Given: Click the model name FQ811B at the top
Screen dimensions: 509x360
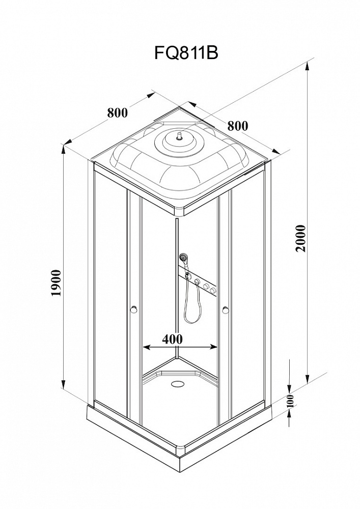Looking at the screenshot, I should click(186, 53).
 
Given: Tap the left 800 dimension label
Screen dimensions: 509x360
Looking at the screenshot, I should click(117, 112).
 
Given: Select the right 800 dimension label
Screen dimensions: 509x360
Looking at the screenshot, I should click(237, 125).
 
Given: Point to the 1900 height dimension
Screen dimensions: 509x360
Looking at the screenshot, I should click(56, 283).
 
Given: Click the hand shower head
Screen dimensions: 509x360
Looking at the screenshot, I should click(183, 259).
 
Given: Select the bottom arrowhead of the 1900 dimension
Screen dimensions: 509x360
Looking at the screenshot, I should click(64, 386).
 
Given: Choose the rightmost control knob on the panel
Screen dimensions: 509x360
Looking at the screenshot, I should click(213, 291).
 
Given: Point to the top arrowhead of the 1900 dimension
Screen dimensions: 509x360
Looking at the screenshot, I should click(64, 150).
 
